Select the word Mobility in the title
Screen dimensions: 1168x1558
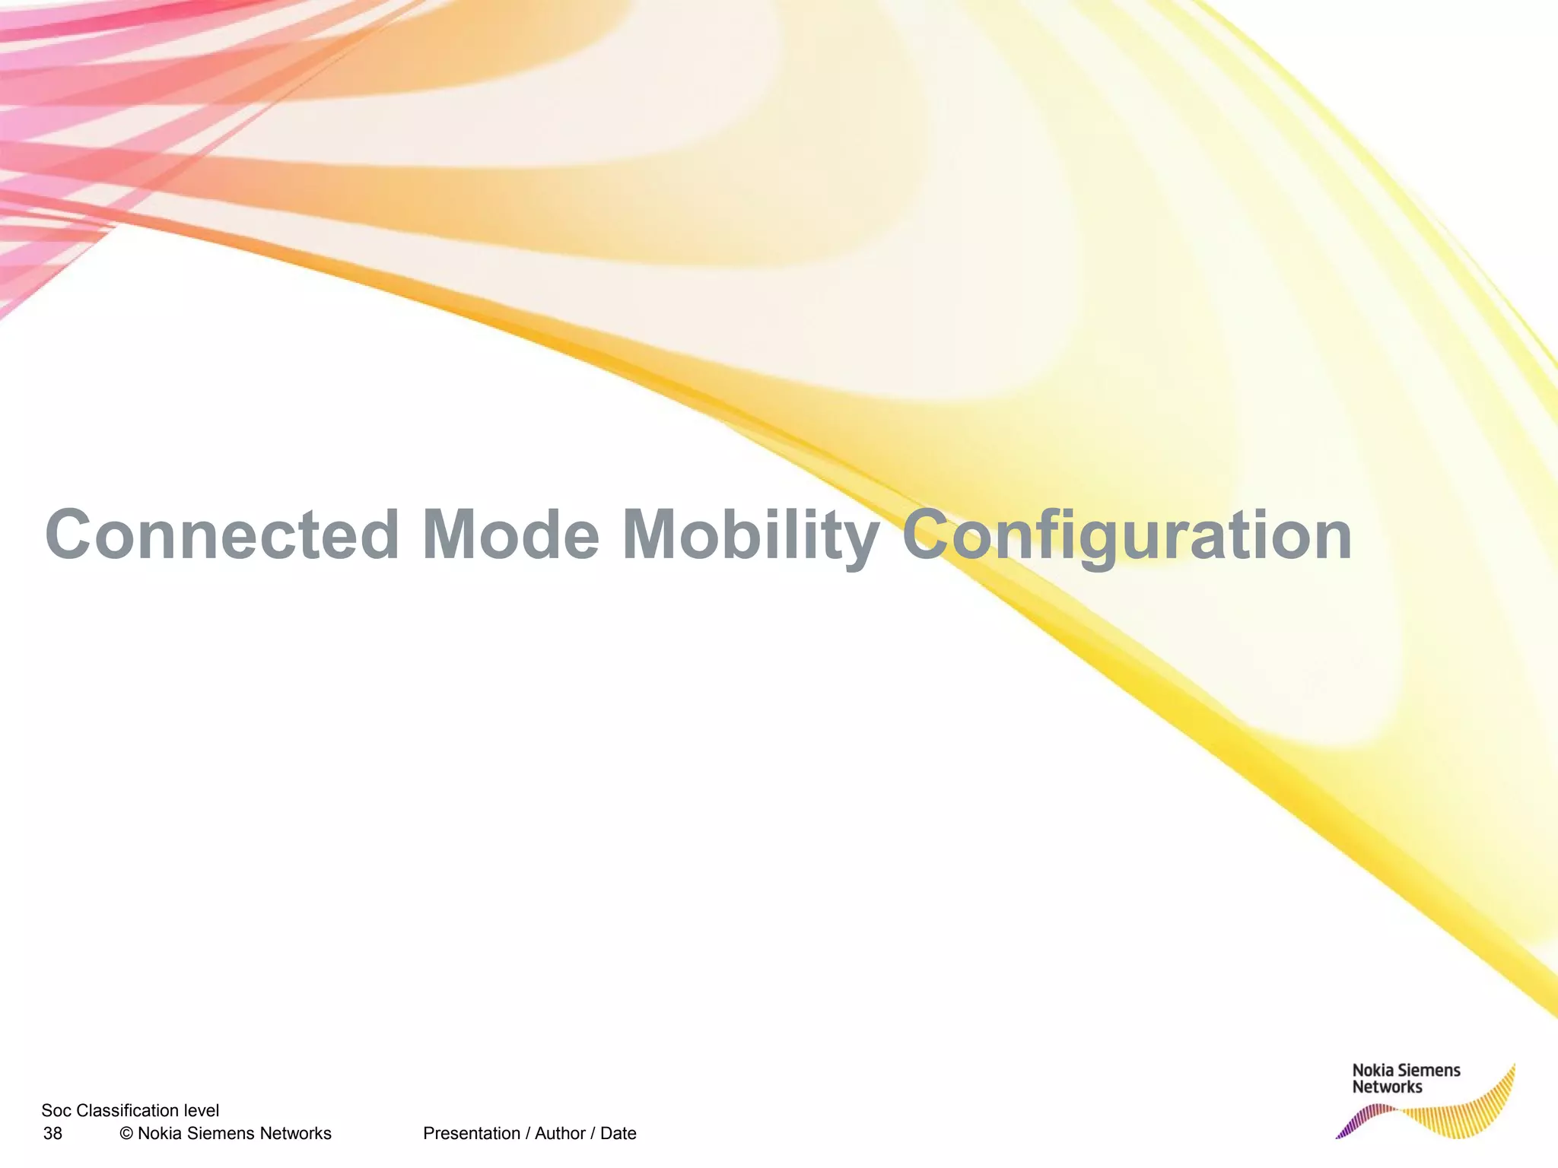pos(750,535)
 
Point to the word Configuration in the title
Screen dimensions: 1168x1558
pos(1126,535)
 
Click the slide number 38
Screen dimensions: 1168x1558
pos(52,1134)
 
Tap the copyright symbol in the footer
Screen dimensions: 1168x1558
pos(126,1134)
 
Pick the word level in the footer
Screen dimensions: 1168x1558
pos(202,1111)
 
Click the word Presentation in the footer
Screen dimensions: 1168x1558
pos(471,1134)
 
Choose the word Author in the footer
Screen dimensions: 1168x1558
pos(560,1134)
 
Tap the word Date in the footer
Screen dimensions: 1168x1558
pos(618,1134)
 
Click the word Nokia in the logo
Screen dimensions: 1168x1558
pos(1372,1071)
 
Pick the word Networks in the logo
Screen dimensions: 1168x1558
pos(1386,1087)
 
